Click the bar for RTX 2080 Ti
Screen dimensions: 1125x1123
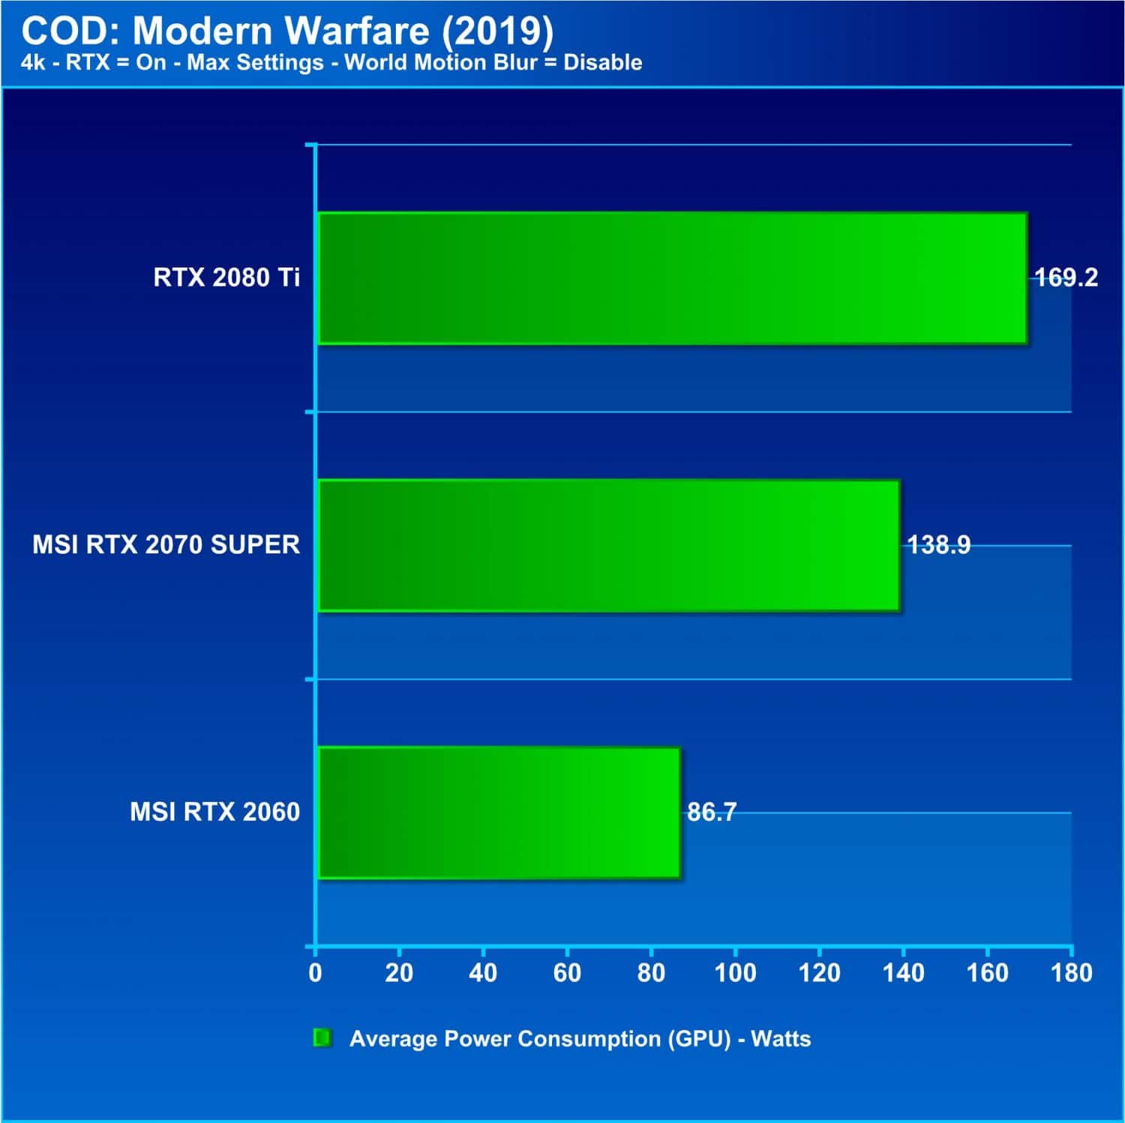click(673, 279)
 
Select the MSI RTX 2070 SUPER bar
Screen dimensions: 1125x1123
click(609, 546)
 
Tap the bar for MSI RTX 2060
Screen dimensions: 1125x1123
click(499, 813)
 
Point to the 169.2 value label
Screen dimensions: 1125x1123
click(1066, 278)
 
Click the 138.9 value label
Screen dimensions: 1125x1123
click(939, 545)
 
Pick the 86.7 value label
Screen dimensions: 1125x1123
click(712, 812)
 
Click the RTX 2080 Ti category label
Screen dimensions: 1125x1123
click(226, 278)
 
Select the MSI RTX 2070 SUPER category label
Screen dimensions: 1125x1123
click(166, 545)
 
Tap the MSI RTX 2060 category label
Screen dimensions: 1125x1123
click(214, 812)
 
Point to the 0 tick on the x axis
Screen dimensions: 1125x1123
click(315, 973)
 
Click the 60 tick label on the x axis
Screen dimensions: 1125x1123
click(567, 973)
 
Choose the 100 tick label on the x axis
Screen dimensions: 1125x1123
click(735, 973)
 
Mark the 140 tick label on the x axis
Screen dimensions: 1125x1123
click(903, 973)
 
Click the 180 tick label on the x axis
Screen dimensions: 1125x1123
click(1072, 973)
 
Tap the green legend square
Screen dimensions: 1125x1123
click(322, 1038)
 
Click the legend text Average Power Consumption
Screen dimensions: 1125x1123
click(502, 1039)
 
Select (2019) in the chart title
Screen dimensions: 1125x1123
click(496, 32)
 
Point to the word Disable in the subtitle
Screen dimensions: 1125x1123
click(602, 62)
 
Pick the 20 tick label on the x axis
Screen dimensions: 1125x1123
click(399, 973)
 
